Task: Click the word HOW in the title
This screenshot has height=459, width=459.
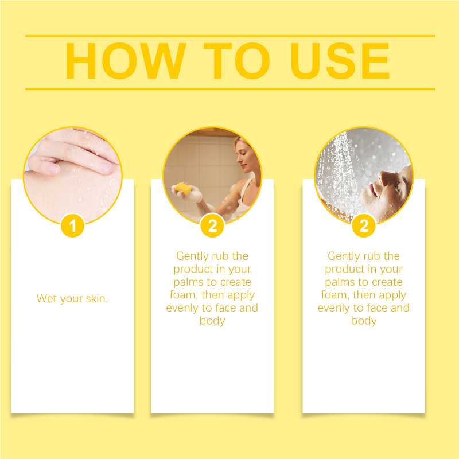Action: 126,61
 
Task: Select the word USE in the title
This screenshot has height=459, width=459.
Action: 340,61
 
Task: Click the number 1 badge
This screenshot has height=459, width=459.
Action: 73,225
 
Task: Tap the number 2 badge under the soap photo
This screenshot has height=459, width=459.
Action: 212,225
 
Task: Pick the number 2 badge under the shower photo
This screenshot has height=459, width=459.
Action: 364,225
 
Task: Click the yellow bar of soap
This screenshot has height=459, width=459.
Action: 183,188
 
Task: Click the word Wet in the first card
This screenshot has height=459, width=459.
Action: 46,298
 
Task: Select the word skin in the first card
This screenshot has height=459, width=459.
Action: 97,298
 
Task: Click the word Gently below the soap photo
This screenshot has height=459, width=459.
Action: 192,256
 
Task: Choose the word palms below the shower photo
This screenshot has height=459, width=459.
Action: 337,282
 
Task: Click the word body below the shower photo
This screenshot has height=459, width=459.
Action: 364,321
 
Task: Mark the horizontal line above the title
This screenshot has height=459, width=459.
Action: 230,36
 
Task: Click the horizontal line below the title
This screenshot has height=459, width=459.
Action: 230,89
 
